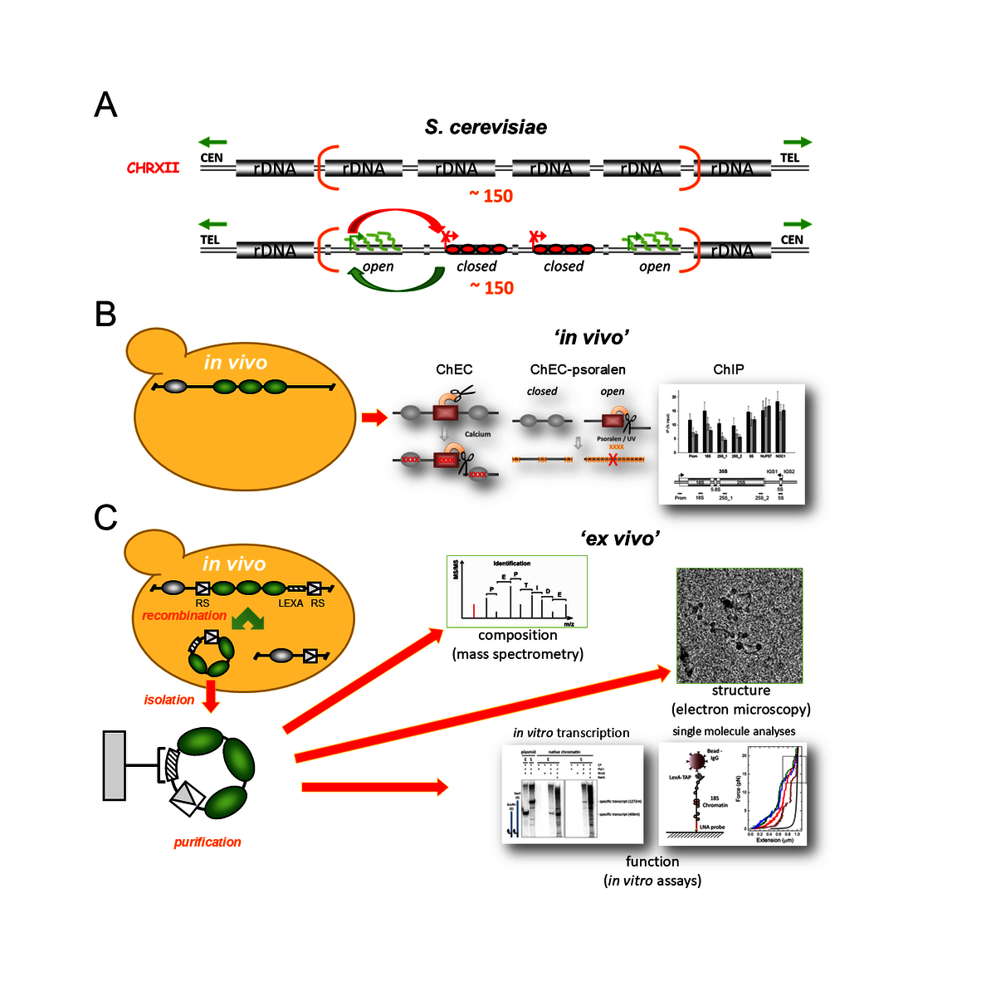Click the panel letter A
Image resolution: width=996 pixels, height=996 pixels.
coord(105,105)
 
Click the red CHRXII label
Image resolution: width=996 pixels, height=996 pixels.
coord(153,168)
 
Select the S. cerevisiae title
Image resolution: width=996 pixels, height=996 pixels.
coord(486,127)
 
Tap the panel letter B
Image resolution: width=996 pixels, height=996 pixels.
coord(105,315)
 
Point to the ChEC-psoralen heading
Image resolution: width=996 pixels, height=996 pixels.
coord(578,369)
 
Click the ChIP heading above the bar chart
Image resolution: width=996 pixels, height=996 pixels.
coord(728,369)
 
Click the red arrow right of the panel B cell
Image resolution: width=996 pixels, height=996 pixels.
coord(374,417)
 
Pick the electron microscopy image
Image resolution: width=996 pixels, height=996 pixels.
coord(740,625)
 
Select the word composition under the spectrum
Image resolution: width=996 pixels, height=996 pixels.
coord(517,635)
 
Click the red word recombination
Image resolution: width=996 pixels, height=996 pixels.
coord(183,616)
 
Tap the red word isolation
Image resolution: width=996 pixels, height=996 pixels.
coord(168,700)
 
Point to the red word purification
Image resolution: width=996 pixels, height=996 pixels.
coord(207,842)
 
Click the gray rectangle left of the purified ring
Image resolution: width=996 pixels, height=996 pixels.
coord(115,765)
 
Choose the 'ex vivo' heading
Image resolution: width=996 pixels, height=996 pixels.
coord(620,539)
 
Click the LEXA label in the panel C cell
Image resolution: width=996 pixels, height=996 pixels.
coord(290,603)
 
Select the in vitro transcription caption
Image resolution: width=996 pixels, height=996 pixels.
coord(571,733)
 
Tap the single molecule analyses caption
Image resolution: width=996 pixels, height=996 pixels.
coord(734,731)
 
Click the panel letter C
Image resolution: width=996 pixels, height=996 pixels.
coord(105,518)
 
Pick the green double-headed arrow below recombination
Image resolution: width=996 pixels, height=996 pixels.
coord(247,619)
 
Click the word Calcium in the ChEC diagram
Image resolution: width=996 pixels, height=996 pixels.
coord(477,434)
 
